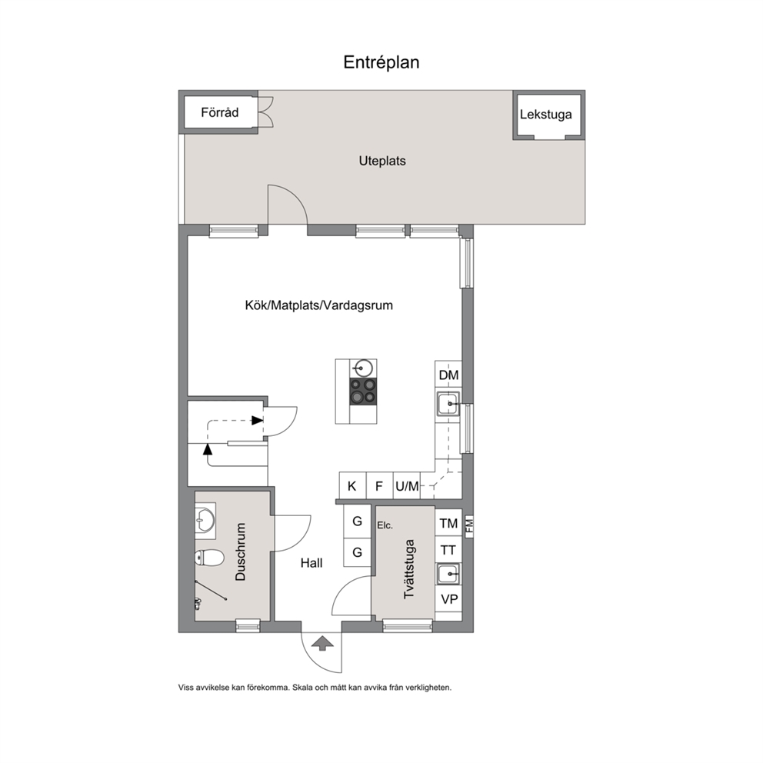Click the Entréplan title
tap(381, 62)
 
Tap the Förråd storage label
tap(220, 112)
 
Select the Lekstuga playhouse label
tap(545, 115)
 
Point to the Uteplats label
tap(382, 161)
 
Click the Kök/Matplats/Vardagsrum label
tap(318, 305)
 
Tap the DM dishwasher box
tap(448, 375)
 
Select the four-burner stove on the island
tap(363, 391)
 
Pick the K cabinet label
tap(352, 485)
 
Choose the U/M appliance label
tap(407, 485)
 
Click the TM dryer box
tap(448, 523)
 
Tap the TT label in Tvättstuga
tap(448, 551)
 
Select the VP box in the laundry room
tap(448, 599)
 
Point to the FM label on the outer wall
tap(469, 525)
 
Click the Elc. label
tap(385, 525)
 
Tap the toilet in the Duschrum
tap(209, 558)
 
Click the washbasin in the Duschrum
tap(205, 521)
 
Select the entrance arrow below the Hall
tap(322, 643)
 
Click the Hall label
tap(312, 563)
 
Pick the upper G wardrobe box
tap(357, 521)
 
